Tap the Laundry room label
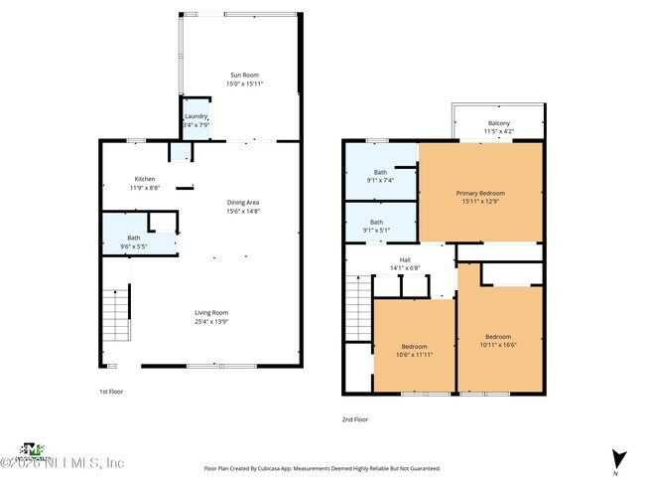pos(195,116)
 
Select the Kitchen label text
pos(145,179)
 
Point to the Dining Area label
pos(242,203)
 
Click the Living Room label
pos(211,313)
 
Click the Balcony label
pos(498,123)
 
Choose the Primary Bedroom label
pos(480,193)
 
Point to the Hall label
pos(405,260)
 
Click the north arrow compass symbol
pos(619,459)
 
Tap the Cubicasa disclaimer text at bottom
pos(322,468)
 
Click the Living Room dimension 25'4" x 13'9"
pos(211,321)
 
